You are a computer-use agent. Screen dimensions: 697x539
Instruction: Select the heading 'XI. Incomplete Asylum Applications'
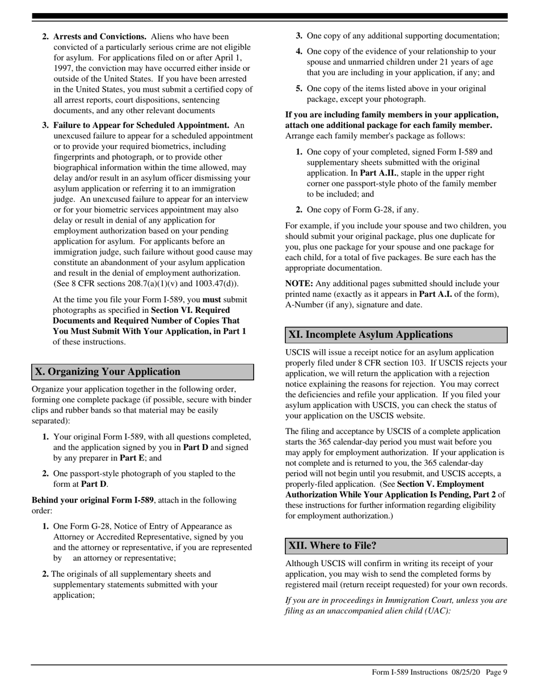click(370, 334)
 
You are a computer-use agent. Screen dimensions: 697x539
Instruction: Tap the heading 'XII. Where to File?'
click(332, 546)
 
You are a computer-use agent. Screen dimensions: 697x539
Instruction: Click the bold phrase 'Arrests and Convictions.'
click(100, 37)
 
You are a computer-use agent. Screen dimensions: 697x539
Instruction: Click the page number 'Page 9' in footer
click(496, 672)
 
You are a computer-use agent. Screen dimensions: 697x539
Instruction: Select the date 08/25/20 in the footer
click(466, 672)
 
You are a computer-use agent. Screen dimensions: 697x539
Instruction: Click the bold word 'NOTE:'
click(299, 283)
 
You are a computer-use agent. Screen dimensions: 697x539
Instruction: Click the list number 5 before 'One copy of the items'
click(299, 88)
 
